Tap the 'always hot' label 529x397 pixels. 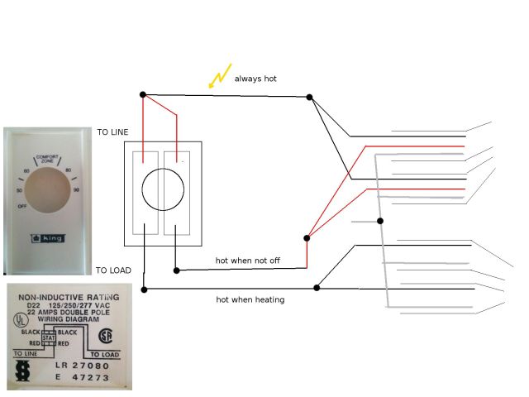click(255, 79)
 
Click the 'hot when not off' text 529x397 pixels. click(248, 261)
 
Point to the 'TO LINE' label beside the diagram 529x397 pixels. click(112, 132)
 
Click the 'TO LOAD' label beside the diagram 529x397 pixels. click(112, 270)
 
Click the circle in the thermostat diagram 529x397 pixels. click(163, 192)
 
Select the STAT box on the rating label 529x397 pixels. click(49, 337)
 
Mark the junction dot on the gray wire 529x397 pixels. click(380, 221)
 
